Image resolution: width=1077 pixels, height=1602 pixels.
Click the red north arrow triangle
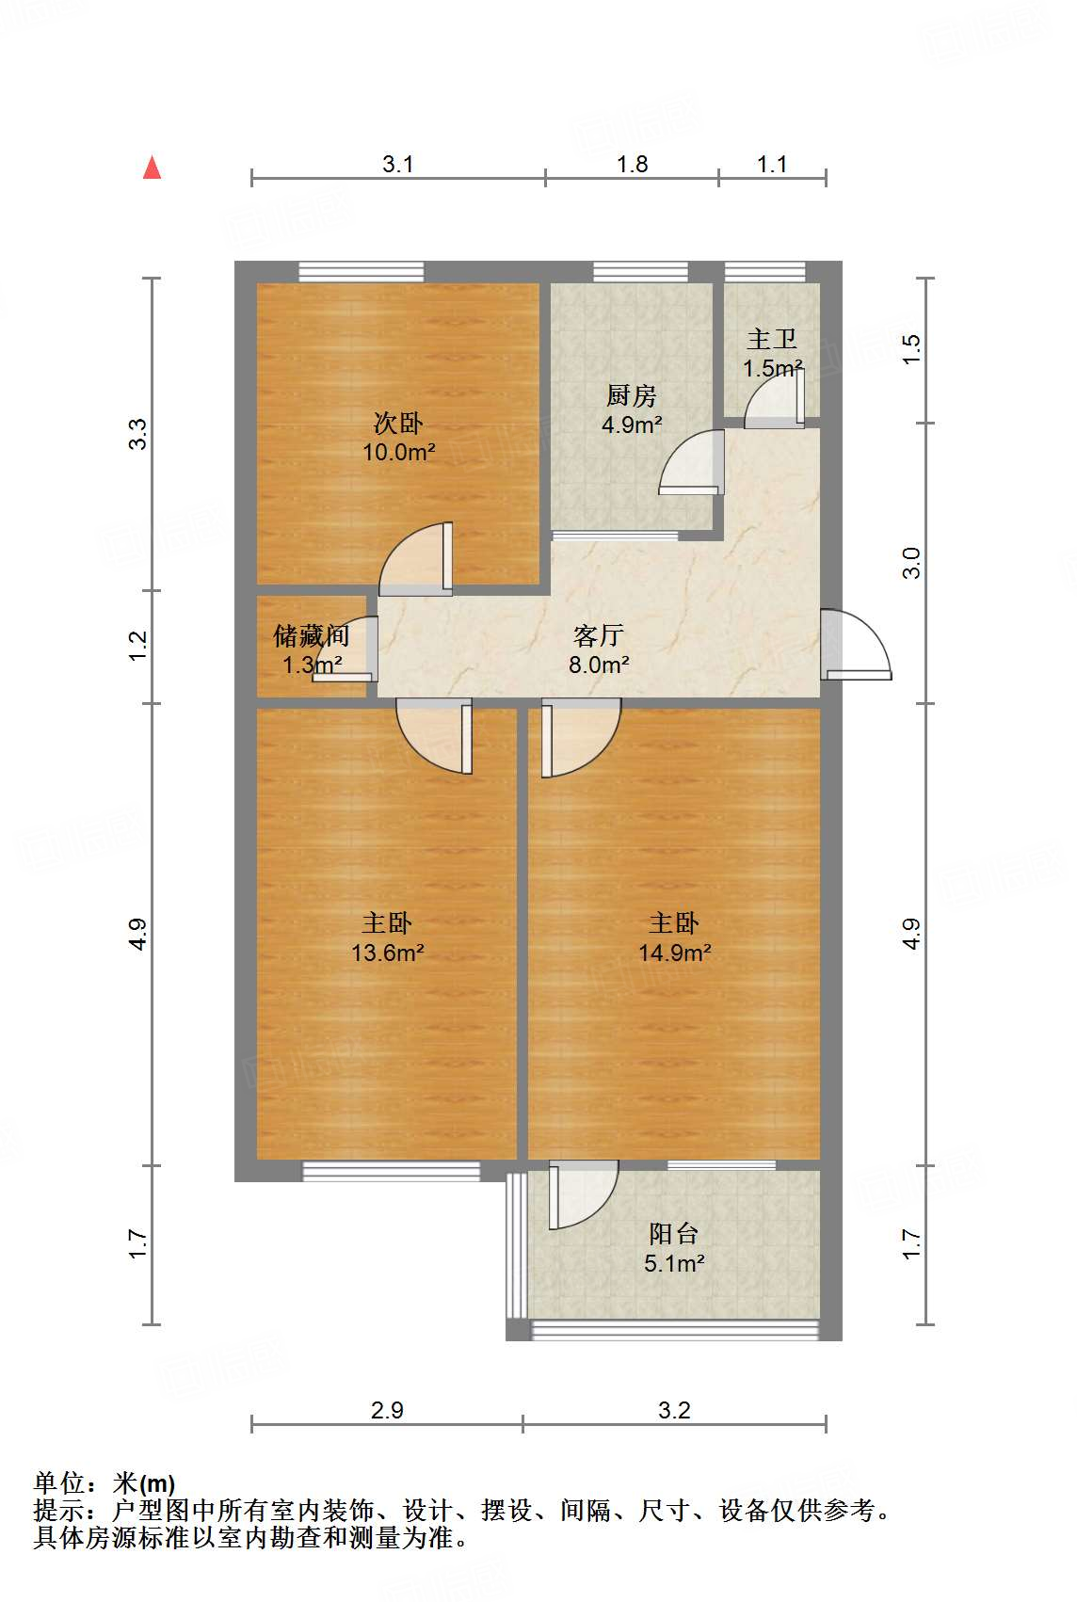(x=152, y=168)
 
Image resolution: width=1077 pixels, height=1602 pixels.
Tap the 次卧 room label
(x=398, y=423)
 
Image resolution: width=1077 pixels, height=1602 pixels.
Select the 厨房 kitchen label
(x=631, y=395)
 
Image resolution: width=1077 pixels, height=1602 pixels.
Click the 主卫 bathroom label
(x=772, y=339)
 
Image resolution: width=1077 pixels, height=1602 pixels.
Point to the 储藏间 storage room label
(x=311, y=636)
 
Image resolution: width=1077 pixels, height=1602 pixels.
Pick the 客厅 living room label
(x=599, y=636)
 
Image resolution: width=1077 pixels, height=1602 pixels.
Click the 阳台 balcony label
(x=674, y=1234)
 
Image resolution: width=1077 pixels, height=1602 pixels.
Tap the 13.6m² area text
(x=388, y=953)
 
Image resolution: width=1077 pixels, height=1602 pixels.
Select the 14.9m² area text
(x=674, y=953)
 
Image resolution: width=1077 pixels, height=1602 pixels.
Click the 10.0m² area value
(x=399, y=452)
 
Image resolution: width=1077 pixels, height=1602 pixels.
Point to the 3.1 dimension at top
(x=398, y=164)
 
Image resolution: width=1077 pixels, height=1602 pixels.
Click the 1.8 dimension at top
(x=632, y=164)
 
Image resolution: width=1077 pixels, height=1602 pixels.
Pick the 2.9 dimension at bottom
(x=387, y=1410)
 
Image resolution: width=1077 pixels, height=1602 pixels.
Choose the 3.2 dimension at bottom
(x=674, y=1410)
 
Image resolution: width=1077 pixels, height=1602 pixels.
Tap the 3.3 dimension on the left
(x=138, y=434)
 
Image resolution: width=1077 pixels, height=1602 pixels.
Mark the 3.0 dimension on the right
(x=910, y=563)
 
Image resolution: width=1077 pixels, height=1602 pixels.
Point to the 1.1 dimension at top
(x=772, y=164)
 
